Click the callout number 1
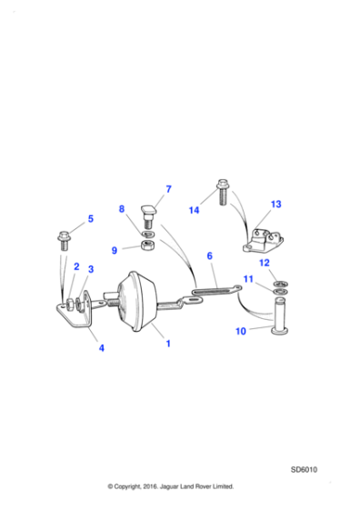(167, 344)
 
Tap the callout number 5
(90, 219)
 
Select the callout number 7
(167, 190)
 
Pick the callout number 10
(241, 332)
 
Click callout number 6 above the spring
(209, 257)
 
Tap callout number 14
(194, 210)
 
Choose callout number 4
(102, 348)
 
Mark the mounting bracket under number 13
(264, 240)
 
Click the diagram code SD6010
(305, 470)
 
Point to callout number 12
(265, 264)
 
